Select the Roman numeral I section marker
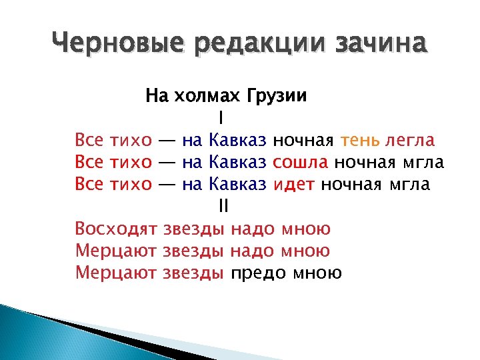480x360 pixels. [x=221, y=118]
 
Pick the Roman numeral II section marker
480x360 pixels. [x=223, y=207]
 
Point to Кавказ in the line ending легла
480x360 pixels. [x=238, y=141]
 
